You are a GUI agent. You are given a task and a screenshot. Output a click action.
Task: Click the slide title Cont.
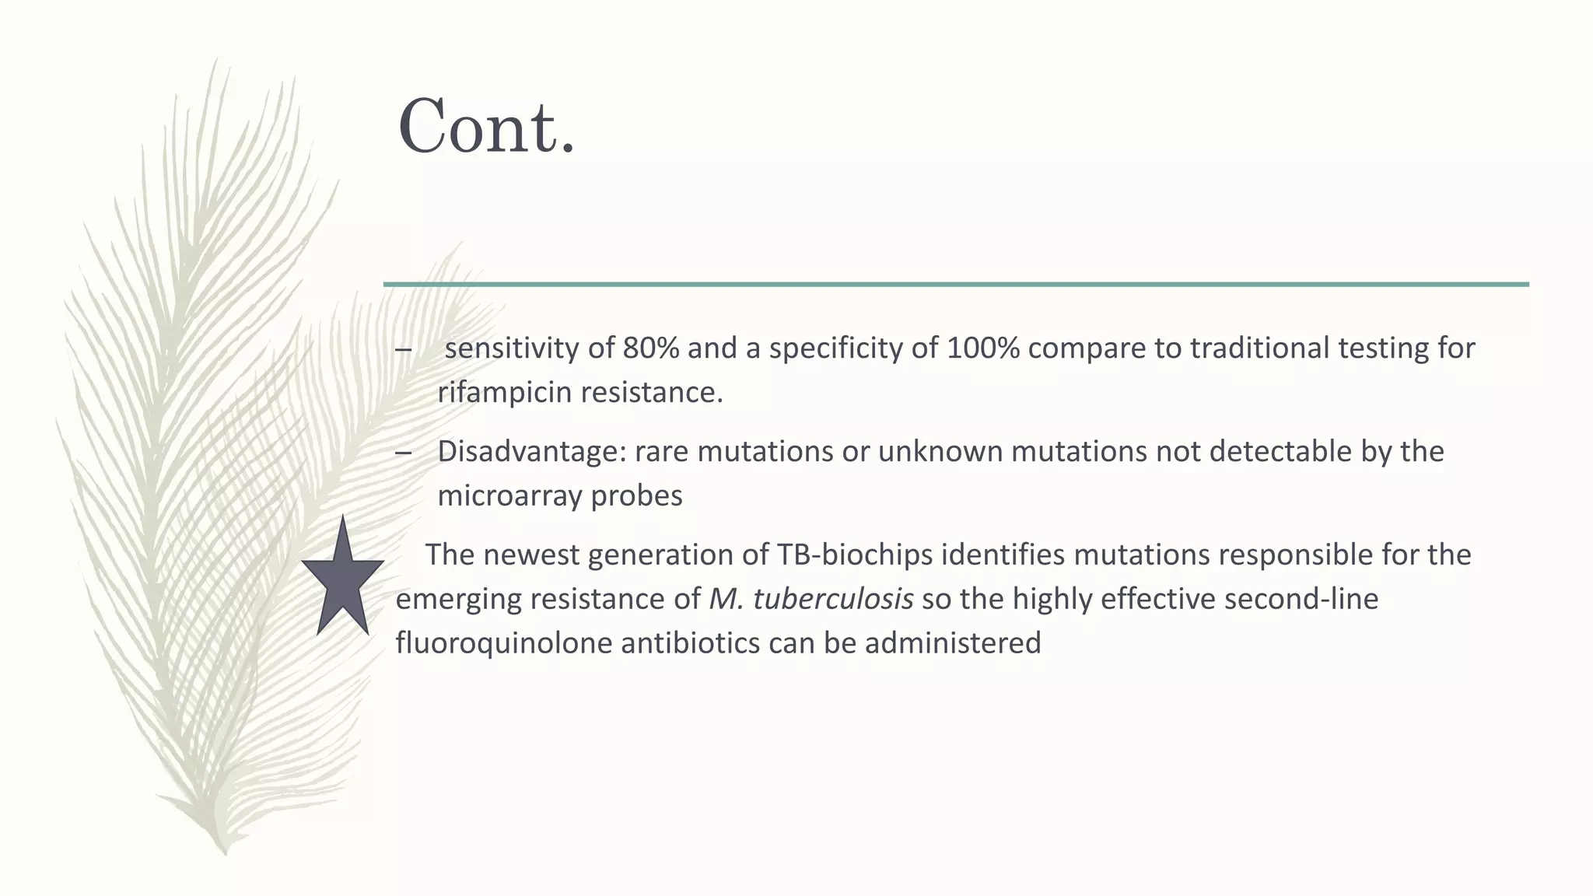click(486, 127)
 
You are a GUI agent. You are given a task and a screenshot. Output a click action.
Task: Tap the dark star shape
click(342, 579)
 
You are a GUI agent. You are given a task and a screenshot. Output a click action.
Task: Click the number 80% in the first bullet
click(651, 348)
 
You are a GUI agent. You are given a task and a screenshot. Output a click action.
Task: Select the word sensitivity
click(512, 348)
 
